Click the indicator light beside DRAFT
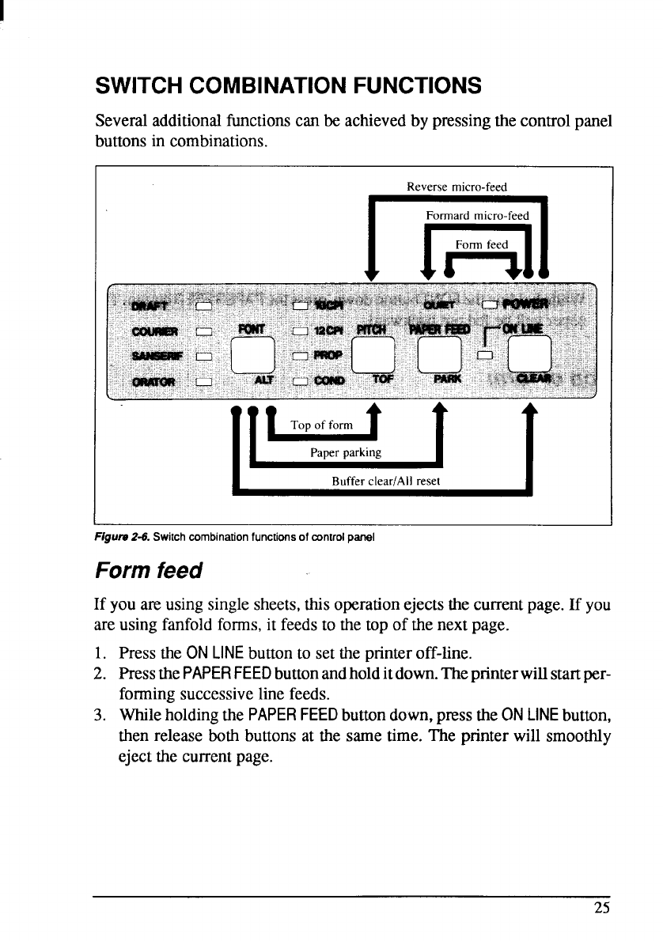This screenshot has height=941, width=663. pyautogui.click(x=203, y=306)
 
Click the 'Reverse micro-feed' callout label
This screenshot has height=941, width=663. pyautogui.click(x=456, y=187)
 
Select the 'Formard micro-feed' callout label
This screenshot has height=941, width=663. pyautogui.click(x=476, y=216)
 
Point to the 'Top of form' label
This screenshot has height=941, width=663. pyautogui.click(x=321, y=425)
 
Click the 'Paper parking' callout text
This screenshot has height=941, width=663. pyautogui.click(x=345, y=453)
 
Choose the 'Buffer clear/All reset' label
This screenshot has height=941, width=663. pyautogui.click(x=385, y=480)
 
